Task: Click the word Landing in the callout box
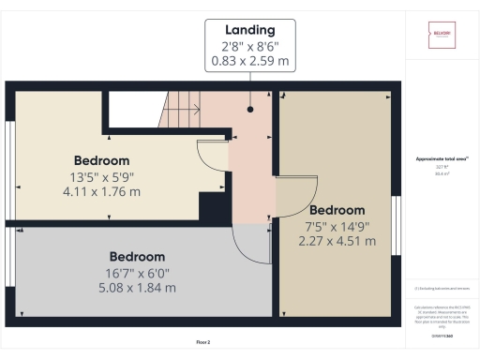[250, 30]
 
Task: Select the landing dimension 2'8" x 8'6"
[250, 48]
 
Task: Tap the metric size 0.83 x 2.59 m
[250, 64]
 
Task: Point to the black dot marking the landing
[251, 109]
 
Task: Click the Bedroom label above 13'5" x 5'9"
[101, 160]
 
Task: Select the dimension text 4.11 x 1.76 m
[101, 191]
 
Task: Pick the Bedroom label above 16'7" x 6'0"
[137, 256]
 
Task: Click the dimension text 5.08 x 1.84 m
[137, 287]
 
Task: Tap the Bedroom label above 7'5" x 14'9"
[337, 209]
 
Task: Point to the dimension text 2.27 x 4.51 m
[337, 240]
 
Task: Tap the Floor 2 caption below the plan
[203, 342]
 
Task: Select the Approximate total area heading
[442, 159]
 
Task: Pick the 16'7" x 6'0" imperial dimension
[137, 272]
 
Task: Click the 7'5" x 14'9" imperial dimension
[337, 225]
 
